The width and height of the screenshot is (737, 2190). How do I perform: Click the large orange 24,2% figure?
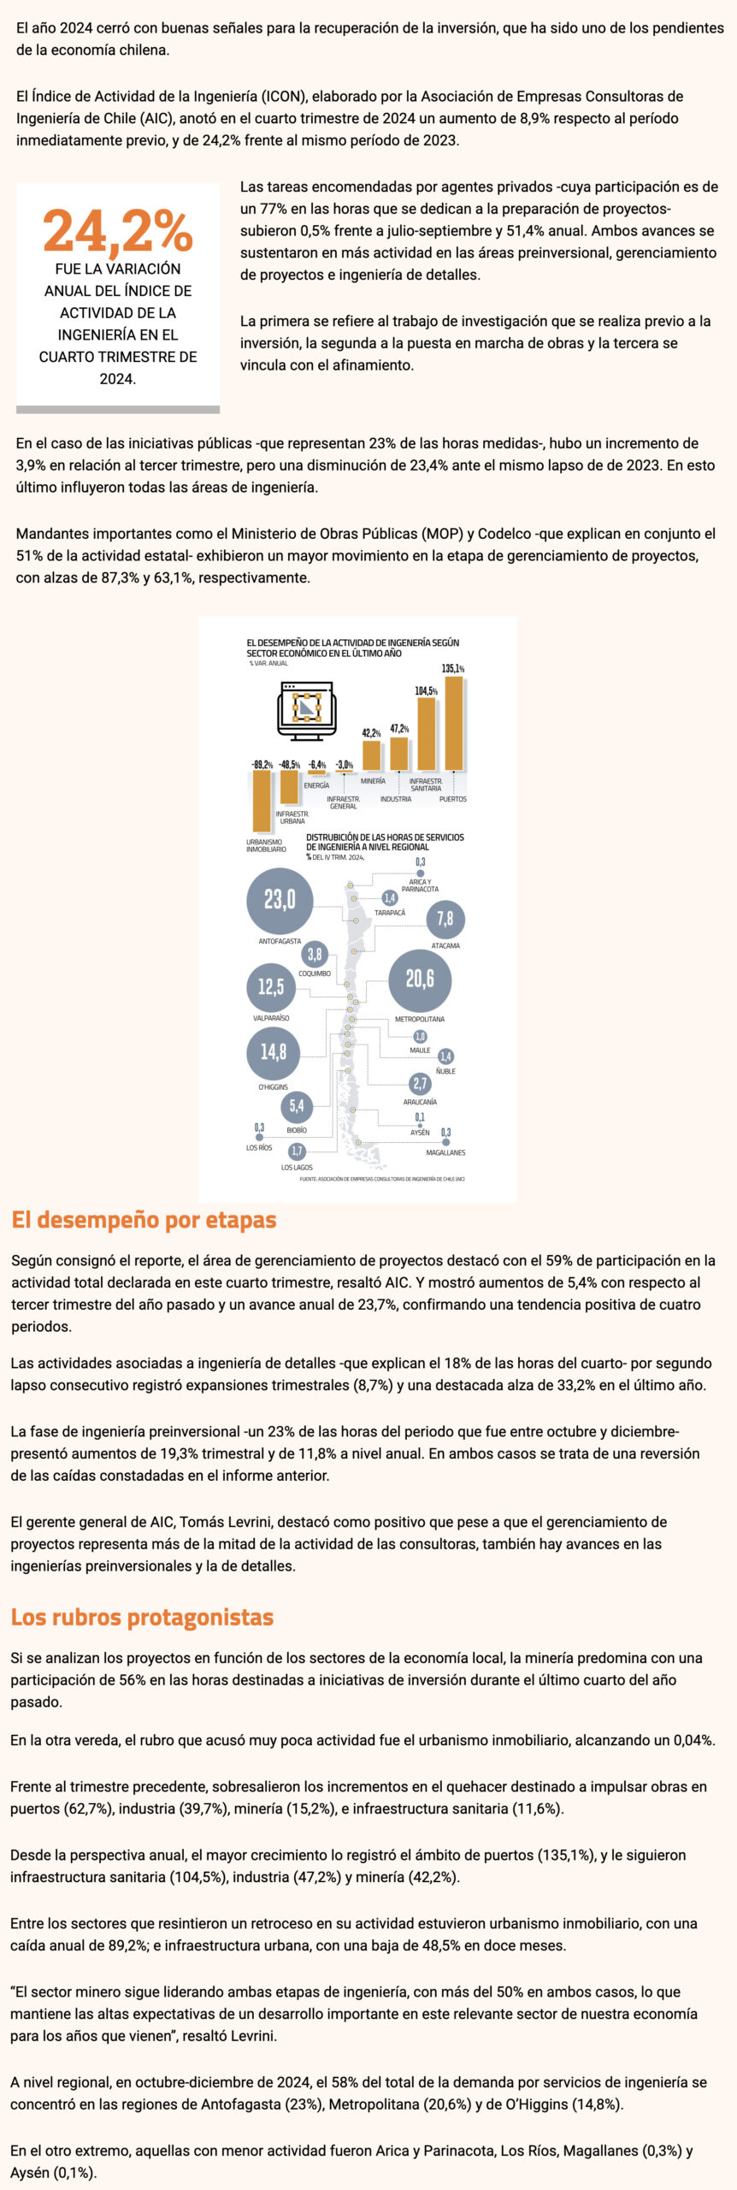click(x=118, y=231)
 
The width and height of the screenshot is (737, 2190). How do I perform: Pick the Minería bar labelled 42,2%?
click(x=371, y=755)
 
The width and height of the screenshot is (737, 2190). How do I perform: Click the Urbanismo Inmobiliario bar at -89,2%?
click(x=261, y=801)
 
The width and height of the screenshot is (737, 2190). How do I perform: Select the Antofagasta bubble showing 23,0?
click(x=280, y=900)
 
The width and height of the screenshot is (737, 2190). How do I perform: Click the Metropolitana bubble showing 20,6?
click(x=420, y=980)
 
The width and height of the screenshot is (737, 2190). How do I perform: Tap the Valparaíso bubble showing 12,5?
click(x=271, y=987)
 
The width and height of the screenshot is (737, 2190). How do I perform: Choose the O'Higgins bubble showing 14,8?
click(x=274, y=1052)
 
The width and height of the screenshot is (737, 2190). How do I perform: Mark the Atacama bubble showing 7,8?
click(x=445, y=920)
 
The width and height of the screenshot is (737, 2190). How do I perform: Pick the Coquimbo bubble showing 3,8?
click(x=315, y=955)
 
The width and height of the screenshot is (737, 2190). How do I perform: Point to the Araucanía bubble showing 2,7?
click(x=420, y=1084)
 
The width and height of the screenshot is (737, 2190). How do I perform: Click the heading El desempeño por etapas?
click(x=144, y=1220)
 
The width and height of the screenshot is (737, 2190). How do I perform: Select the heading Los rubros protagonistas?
click(x=142, y=1617)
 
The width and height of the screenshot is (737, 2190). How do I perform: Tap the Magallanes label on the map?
click(x=445, y=1152)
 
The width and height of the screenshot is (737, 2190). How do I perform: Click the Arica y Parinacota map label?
click(x=420, y=885)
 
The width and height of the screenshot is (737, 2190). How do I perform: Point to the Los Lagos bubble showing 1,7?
click(x=297, y=1151)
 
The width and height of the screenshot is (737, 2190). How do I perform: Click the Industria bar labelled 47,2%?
click(x=398, y=753)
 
